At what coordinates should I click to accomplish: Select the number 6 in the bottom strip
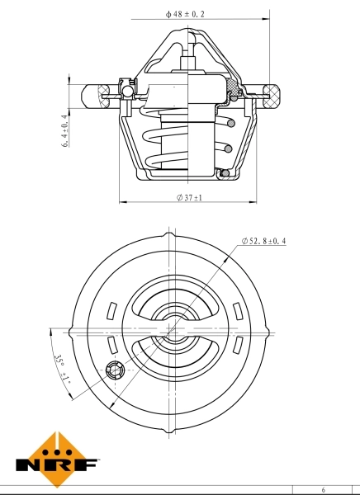pyautogui.click(x=324, y=489)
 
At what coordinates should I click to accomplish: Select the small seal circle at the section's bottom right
pyautogui.click(x=221, y=173)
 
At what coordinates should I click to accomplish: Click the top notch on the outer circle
pyautogui.click(x=172, y=237)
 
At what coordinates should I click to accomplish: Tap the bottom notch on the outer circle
pyautogui.click(x=172, y=430)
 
